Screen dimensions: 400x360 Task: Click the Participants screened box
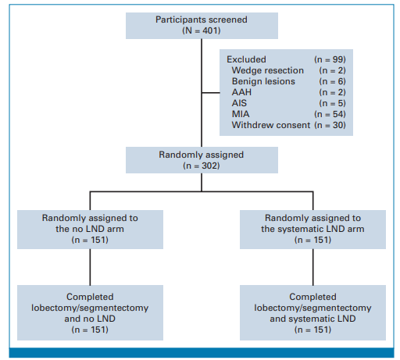[x=202, y=26]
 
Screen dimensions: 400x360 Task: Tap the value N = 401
[x=202, y=30]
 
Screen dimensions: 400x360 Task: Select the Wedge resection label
[x=268, y=70]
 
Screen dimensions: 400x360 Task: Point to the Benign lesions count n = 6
[x=332, y=81]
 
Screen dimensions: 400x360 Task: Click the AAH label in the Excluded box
[x=241, y=92]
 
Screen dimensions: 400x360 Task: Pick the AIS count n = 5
[x=332, y=103]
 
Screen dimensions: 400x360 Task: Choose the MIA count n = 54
[x=330, y=114]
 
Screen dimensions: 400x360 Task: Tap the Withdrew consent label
[x=271, y=125]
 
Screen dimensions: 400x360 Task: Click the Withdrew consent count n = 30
[x=330, y=125]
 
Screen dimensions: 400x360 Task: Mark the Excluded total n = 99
[x=330, y=59]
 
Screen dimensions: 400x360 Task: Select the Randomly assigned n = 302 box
[x=202, y=160]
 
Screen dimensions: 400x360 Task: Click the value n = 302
[x=202, y=166]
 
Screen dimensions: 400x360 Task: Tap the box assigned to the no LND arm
[x=90, y=230]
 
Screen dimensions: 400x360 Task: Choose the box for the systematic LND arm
[x=312, y=230]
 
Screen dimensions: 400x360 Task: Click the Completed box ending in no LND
[x=90, y=312]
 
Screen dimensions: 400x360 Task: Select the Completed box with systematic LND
[x=312, y=312]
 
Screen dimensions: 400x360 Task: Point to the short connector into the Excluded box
[x=211, y=92]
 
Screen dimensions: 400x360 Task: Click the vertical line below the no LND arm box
[x=90, y=267]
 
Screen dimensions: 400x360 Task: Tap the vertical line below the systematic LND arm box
[x=313, y=267]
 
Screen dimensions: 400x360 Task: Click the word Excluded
[x=246, y=59]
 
